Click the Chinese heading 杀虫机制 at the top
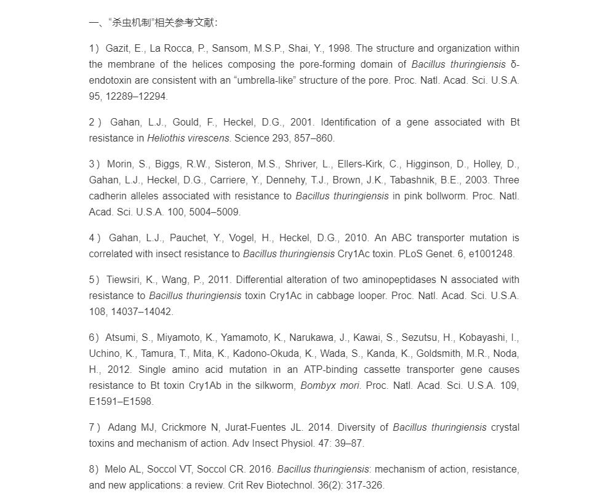pyautogui.click(x=130, y=23)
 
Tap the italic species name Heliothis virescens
pyautogui.click(x=188, y=138)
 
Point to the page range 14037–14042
pyautogui.click(x=142, y=311)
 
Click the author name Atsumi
pyautogui.click(x=119, y=337)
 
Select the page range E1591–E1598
pyautogui.click(x=121, y=401)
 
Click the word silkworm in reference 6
pyautogui.click(x=276, y=385)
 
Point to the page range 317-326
pyautogui.click(x=365, y=485)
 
